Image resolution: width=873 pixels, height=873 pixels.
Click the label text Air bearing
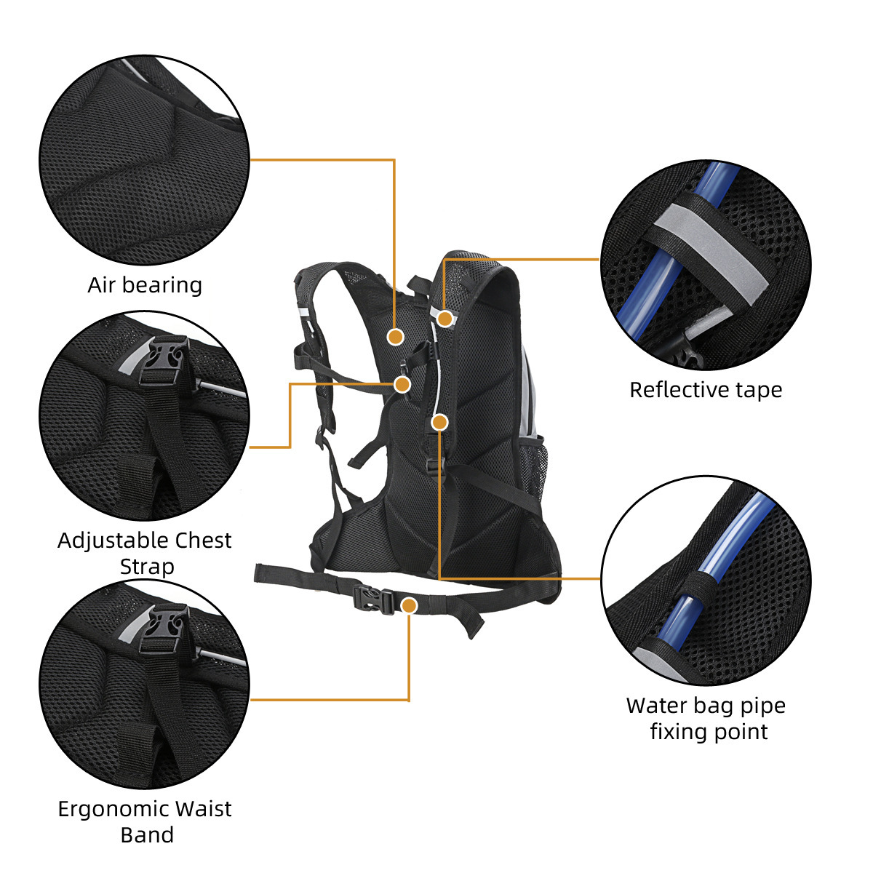[145, 285]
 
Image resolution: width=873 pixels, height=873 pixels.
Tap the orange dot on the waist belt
[410, 605]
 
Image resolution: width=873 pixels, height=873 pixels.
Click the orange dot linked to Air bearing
[395, 336]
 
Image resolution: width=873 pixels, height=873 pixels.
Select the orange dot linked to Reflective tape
[445, 318]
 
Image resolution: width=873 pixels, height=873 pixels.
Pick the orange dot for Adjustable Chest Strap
[402, 384]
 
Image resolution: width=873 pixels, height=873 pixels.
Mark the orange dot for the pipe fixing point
[439, 422]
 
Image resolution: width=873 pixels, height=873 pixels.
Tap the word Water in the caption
[655, 706]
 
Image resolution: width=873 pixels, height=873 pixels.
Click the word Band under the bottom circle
[147, 835]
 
